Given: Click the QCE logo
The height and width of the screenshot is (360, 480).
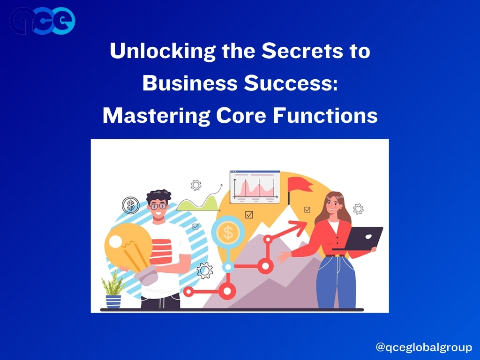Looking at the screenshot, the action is point(42,21).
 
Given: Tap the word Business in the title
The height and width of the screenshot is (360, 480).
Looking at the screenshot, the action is point(190,83).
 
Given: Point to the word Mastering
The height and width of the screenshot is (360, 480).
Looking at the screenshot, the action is point(156,116).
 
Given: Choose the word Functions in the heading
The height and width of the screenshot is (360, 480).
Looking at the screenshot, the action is point(325,115).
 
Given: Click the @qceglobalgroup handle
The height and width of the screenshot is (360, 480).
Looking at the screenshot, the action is point(424,347).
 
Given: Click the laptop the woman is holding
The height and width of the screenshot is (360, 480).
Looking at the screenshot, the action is point(361,239).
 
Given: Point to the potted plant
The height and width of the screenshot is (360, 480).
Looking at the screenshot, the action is point(113,290).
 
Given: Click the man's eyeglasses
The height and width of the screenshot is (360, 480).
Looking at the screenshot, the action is point(158,206).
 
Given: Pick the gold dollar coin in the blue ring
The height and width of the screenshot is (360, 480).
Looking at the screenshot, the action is point(228,232).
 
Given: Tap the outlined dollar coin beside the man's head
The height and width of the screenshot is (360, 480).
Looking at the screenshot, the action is point(131,205).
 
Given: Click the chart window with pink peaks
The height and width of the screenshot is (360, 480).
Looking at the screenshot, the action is point(255,187).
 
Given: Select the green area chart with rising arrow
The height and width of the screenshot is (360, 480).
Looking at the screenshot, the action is point(199,201).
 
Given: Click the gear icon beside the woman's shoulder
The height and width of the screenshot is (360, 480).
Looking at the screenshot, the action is point(358,209).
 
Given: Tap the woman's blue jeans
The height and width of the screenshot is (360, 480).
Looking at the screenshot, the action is point(336,282).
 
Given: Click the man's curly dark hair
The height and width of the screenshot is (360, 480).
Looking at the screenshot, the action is point(158,196).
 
